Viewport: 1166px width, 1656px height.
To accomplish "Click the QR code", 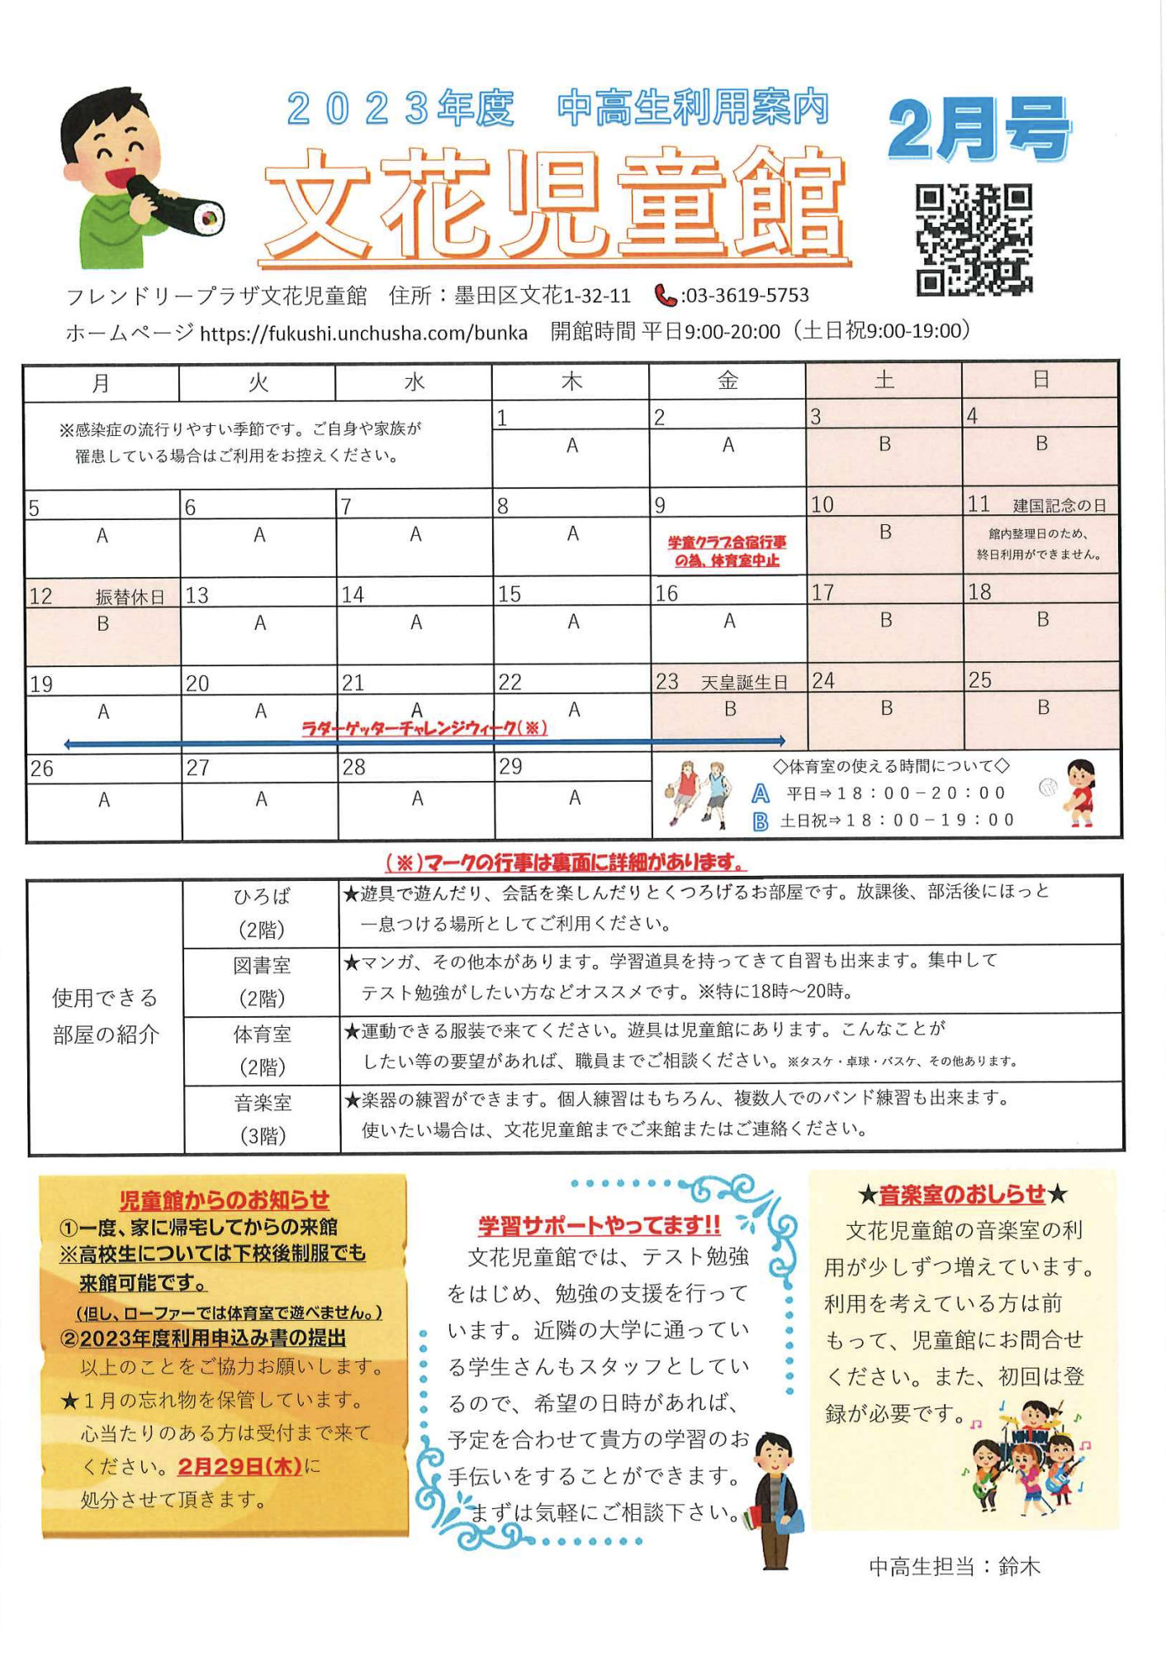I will [x=974, y=239].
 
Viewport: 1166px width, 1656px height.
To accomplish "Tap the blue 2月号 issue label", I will [x=979, y=130].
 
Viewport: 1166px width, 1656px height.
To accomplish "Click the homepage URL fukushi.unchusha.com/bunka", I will [x=363, y=333].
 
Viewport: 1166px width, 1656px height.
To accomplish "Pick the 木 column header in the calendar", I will [x=571, y=381].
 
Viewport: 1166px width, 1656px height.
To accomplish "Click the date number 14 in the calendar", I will [x=353, y=595].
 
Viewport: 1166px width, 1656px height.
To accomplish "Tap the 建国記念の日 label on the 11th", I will [x=1059, y=505].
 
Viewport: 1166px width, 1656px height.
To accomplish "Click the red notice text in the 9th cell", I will [x=727, y=551].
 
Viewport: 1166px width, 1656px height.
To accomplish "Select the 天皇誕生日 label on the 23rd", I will [x=744, y=683].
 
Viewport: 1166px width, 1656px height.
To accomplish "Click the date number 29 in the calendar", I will [x=510, y=767].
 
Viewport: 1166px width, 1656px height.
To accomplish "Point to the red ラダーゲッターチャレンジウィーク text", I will [x=424, y=728].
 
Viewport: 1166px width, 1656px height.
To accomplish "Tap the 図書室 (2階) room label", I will [x=262, y=981].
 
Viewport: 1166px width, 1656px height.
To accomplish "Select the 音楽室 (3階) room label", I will [x=262, y=1119].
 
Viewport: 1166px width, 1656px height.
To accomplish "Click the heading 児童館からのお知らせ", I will [x=224, y=1199].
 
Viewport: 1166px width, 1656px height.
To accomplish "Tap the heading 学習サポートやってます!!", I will [x=599, y=1225].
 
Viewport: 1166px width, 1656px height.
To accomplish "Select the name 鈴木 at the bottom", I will [x=1019, y=1566].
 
